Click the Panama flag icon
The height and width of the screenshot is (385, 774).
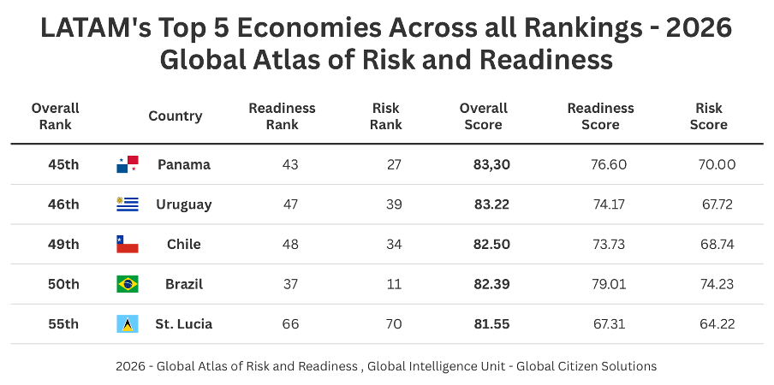pos(127,164)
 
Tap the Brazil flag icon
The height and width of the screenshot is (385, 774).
pos(127,284)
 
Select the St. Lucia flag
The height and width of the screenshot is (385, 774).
pos(127,324)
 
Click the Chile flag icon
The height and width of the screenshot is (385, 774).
pos(127,245)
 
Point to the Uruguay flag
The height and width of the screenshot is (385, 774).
pos(127,204)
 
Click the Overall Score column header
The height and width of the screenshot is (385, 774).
pos(484,116)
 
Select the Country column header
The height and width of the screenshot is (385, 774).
pos(175,116)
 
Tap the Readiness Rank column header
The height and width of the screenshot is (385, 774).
pos(282,116)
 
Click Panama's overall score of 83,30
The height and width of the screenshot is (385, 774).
pos(491,164)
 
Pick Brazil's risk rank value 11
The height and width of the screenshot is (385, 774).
pos(394,284)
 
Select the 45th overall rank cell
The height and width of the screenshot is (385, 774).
pos(63,164)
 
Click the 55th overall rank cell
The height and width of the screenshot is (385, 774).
pos(63,324)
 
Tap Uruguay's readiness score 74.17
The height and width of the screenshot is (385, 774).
pos(608,204)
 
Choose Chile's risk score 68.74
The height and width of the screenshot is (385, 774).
pos(717,245)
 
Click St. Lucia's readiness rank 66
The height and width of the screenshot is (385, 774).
pos(290,324)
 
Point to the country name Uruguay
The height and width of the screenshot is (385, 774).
pos(183,204)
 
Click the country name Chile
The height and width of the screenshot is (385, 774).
pos(183,245)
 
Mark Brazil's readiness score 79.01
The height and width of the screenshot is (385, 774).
pos(608,284)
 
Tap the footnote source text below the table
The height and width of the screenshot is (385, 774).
pos(386,366)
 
